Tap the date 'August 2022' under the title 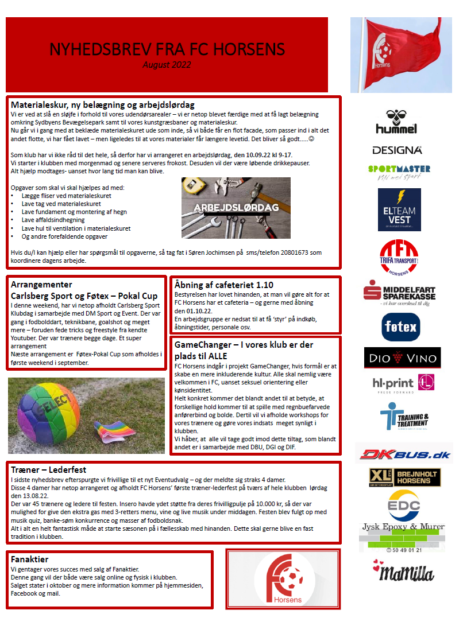click(x=167, y=64)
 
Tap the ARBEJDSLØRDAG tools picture click(x=236, y=207)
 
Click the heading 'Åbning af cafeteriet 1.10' click(x=224, y=285)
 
